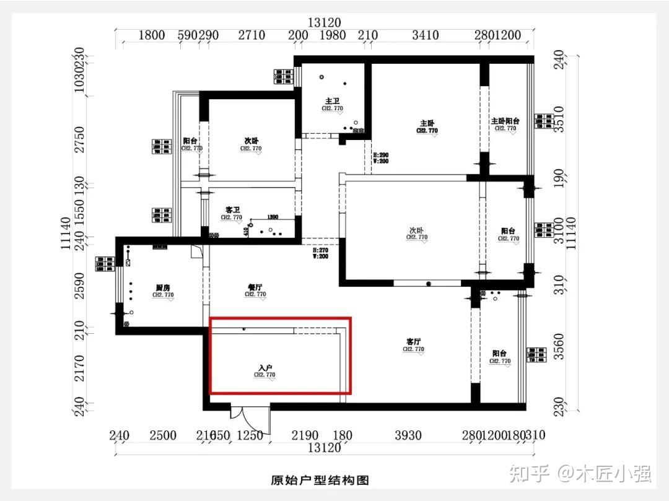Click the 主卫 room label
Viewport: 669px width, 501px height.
(x=332, y=101)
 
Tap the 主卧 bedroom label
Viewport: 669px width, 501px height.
(x=427, y=123)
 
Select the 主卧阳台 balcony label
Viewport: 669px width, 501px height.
(x=505, y=121)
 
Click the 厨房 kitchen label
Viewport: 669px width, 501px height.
(x=163, y=287)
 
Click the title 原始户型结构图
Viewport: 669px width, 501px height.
(x=320, y=480)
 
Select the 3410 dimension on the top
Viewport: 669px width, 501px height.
(x=425, y=35)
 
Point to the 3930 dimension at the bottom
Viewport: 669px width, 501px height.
(x=408, y=435)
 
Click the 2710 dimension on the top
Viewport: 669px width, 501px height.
(x=251, y=35)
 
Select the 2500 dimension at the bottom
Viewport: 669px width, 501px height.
(x=162, y=435)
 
